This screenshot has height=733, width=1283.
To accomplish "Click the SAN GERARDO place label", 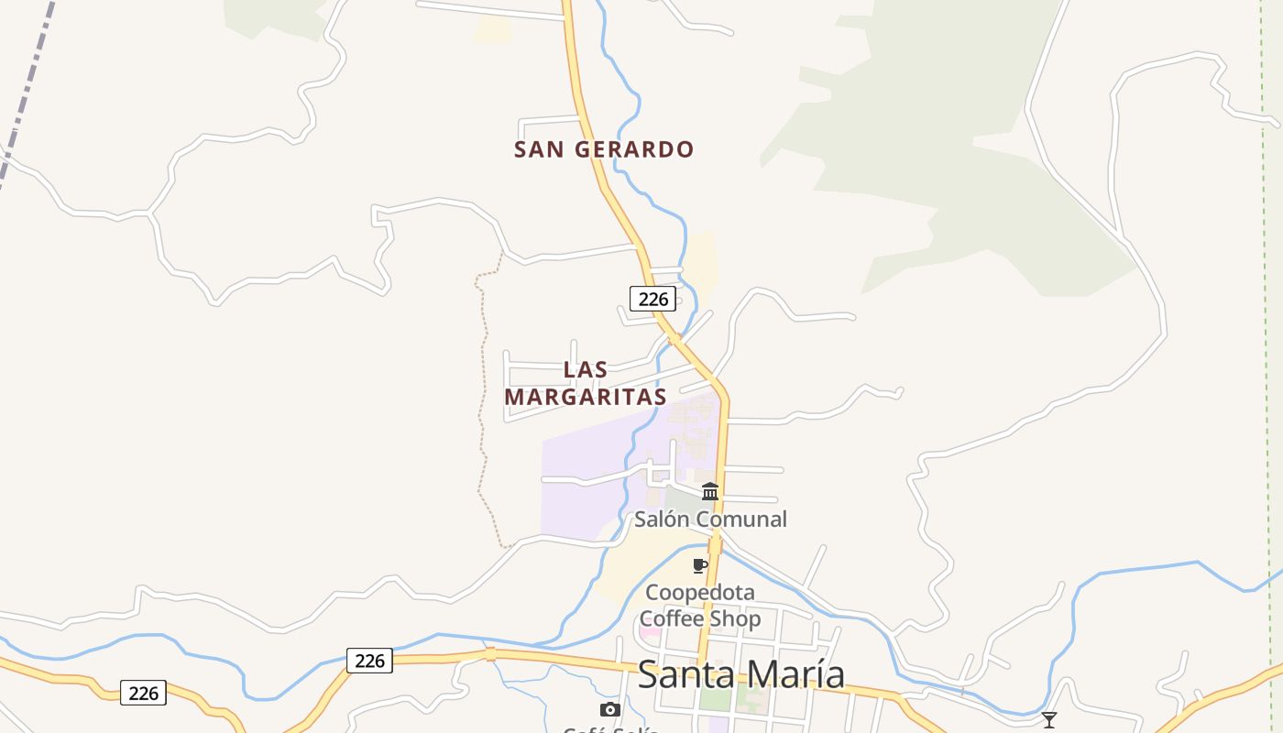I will pyautogui.click(x=604, y=149).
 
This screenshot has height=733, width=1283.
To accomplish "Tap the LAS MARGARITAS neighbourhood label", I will pyautogui.click(x=586, y=383).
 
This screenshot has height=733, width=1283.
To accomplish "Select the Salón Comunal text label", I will pyautogui.click(x=710, y=520).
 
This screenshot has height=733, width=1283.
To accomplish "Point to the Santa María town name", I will pyautogui.click(x=740, y=674).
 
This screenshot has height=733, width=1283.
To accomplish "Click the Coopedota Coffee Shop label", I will pyautogui.click(x=701, y=606).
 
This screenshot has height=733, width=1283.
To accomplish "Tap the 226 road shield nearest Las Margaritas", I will pyautogui.click(x=652, y=298).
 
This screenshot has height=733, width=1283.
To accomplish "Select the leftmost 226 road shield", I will pyautogui.click(x=144, y=693).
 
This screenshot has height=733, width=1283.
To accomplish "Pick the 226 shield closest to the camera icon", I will pyautogui.click(x=369, y=660).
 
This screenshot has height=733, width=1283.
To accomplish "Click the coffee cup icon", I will pyautogui.click(x=700, y=565).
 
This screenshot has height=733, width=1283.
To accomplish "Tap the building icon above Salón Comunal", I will pyautogui.click(x=710, y=492).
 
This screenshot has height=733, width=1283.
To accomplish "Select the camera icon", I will pyautogui.click(x=609, y=709).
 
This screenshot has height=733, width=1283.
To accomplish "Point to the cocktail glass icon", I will pyautogui.click(x=1049, y=720).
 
